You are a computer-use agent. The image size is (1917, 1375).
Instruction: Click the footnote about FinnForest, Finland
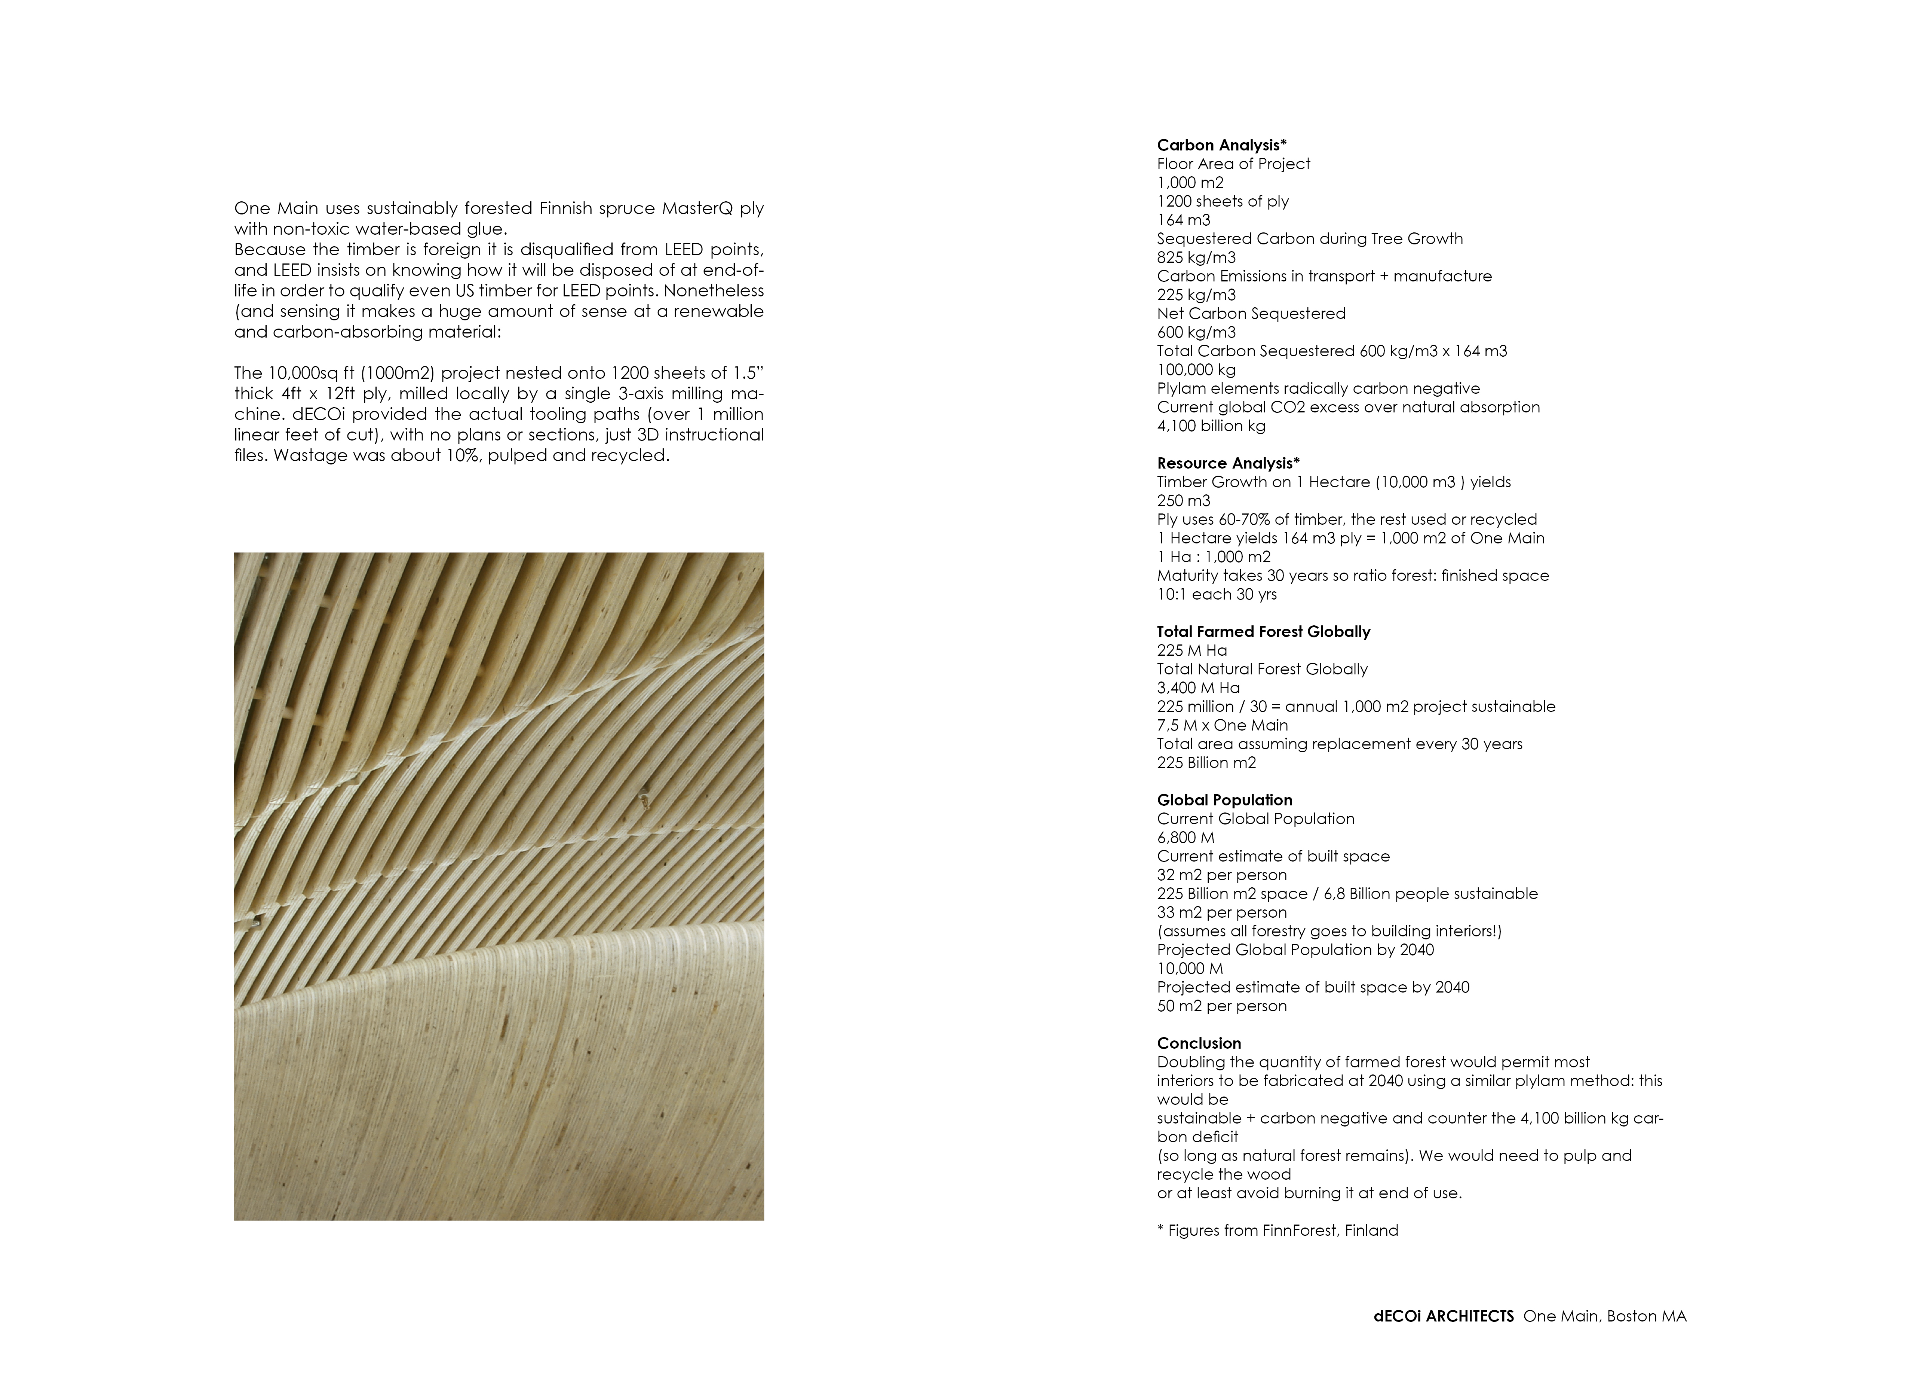(1277, 1231)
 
